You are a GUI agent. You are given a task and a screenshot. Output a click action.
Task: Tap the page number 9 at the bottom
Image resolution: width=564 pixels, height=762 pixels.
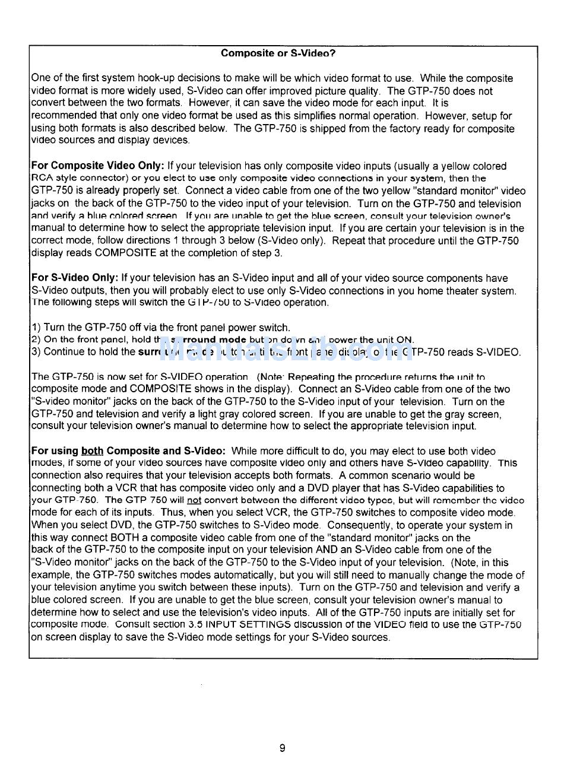(x=282, y=748)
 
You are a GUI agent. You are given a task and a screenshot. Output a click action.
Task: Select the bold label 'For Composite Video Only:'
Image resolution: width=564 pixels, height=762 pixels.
(x=98, y=166)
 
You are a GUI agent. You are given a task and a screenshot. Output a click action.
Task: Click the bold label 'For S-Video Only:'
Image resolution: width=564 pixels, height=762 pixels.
(x=75, y=278)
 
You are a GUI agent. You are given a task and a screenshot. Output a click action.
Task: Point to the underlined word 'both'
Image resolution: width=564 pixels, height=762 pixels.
(x=92, y=451)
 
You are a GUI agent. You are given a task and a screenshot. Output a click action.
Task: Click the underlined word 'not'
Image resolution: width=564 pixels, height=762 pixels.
(x=194, y=500)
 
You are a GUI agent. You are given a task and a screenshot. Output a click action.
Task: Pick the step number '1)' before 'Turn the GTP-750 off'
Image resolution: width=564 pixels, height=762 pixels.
(x=36, y=328)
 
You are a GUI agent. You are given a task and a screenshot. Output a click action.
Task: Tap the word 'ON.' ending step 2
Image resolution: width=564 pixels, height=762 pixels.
(x=405, y=340)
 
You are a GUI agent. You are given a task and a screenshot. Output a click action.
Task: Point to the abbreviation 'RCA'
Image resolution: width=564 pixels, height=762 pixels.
(x=41, y=178)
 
